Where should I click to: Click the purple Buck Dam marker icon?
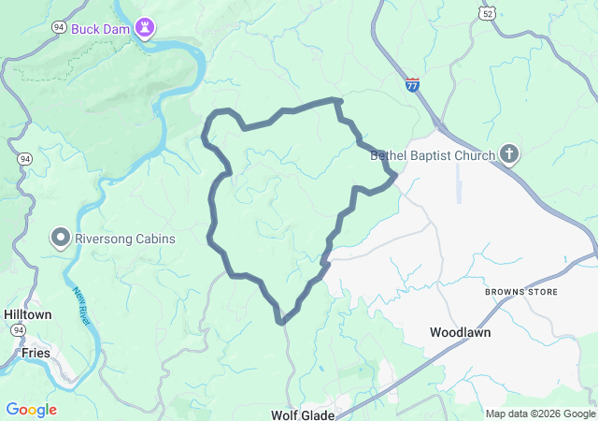click(x=145, y=27)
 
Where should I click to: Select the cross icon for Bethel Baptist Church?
click(x=509, y=153)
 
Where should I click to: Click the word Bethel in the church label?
click(x=392, y=155)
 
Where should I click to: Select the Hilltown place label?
click(x=27, y=314)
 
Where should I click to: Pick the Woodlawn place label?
click(x=460, y=332)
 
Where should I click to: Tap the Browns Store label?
click(x=520, y=292)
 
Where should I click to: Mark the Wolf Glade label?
click(x=302, y=414)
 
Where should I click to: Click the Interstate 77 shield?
click(x=412, y=83)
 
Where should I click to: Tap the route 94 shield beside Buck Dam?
click(x=59, y=28)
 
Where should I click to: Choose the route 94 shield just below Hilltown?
click(x=18, y=331)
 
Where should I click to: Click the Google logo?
click(x=31, y=410)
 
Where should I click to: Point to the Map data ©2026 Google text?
click(x=540, y=414)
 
